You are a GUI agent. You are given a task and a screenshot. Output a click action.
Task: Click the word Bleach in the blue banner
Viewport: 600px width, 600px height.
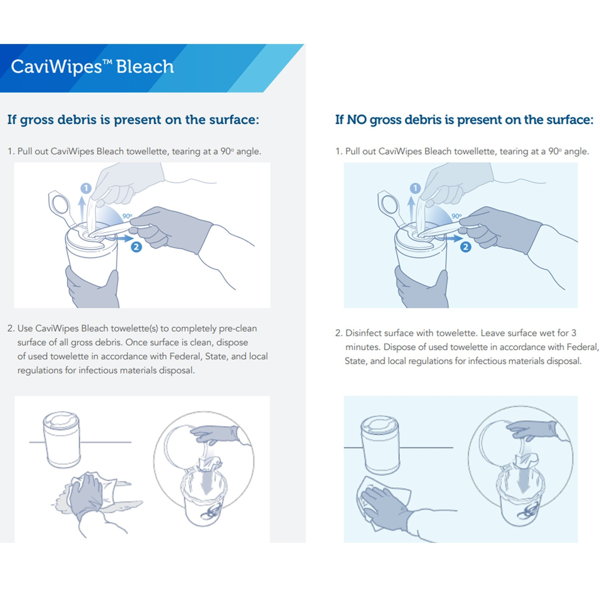[145, 67]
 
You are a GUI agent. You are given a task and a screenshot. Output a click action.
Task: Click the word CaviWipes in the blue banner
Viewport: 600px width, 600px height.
[56, 67]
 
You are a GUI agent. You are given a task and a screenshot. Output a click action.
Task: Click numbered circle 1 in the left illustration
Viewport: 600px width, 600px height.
[86, 188]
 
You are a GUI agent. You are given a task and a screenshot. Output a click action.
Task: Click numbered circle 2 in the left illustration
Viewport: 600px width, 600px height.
[136, 247]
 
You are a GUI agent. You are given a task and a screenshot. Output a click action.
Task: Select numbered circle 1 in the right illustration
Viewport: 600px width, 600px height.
[415, 188]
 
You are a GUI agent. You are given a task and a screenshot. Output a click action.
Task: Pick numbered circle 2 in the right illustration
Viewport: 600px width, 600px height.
[466, 247]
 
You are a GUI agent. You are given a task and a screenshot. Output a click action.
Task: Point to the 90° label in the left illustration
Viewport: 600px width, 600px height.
[127, 216]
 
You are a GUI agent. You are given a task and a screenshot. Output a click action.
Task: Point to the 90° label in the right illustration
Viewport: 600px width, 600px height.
[457, 216]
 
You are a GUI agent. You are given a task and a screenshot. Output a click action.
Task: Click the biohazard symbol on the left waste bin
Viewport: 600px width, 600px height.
[211, 512]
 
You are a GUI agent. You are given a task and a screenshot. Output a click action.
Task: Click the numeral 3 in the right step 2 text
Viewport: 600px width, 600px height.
[574, 333]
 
